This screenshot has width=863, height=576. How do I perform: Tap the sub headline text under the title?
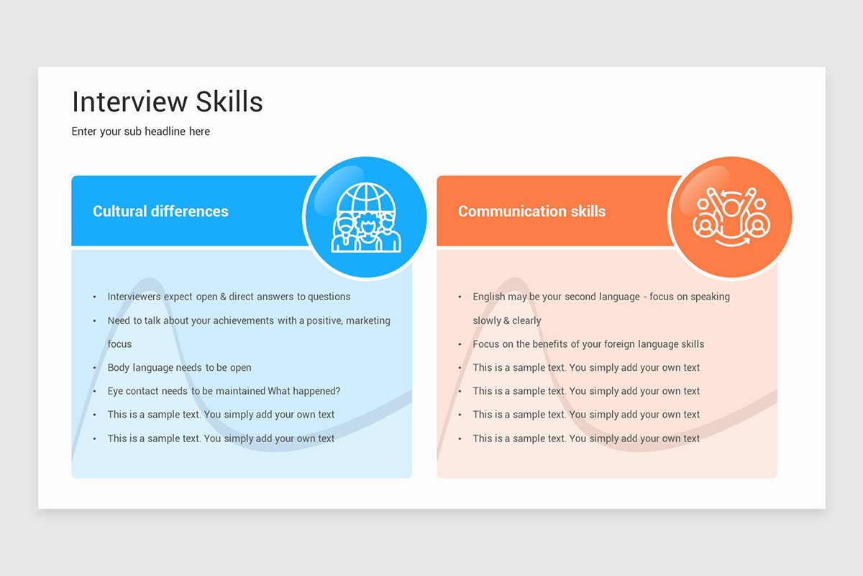[141, 132]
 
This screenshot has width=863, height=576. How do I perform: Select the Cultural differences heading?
[160, 212]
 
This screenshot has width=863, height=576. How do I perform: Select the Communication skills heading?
[531, 212]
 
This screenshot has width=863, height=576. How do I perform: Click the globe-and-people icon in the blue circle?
[366, 217]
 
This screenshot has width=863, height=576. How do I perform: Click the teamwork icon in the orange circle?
[731, 217]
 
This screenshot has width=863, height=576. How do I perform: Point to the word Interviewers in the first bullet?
[134, 297]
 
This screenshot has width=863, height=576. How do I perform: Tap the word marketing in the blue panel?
[368, 320]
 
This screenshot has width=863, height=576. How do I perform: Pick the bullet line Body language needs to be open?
[180, 368]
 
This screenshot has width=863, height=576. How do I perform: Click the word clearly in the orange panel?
[527, 320]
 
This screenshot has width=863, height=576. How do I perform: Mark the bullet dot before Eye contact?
[94, 392]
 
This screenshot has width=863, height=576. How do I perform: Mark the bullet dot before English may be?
[460, 297]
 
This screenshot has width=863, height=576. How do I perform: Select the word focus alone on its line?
[119, 344]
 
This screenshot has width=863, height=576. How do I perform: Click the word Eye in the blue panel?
[115, 391]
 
